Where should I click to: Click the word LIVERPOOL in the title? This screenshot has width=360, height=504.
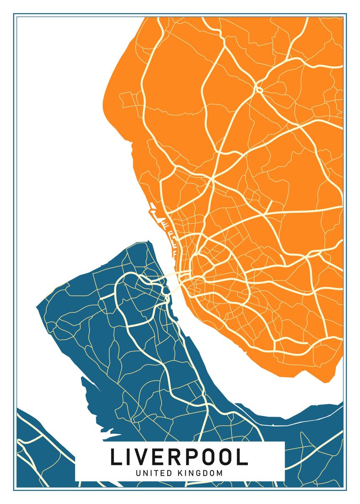(x=179, y=457)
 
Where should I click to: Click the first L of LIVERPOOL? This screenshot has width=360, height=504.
(x=115, y=457)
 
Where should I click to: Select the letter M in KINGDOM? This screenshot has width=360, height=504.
(x=220, y=473)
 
